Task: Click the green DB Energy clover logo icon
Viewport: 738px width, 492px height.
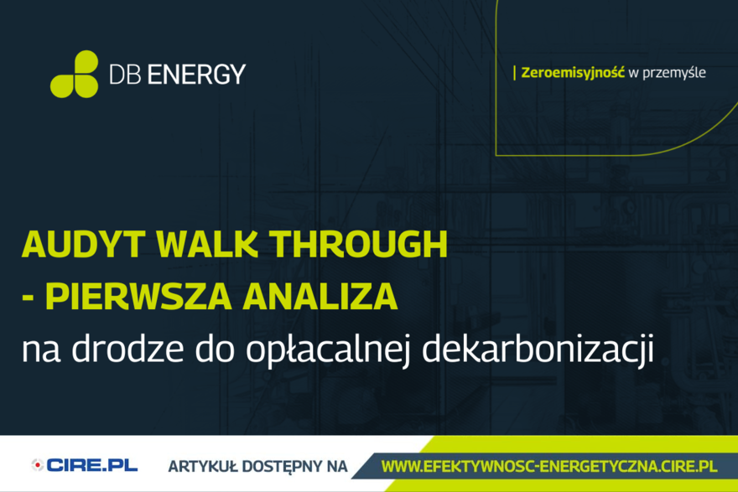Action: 75,74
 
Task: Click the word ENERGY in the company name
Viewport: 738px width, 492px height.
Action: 197,74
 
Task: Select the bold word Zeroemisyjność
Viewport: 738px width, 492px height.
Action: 573,73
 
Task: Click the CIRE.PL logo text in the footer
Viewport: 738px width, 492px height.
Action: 92,465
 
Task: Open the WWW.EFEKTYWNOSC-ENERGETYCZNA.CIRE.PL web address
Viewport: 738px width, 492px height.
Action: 548,465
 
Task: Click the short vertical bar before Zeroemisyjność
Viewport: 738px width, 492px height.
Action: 514,73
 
